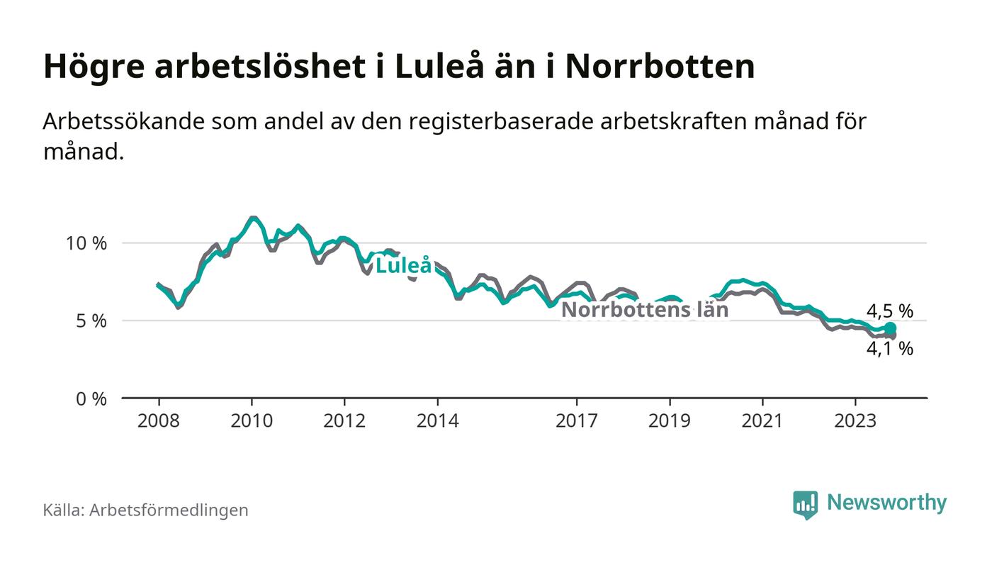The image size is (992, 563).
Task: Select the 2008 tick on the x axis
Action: (x=159, y=420)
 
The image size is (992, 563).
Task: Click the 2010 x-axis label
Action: (x=252, y=420)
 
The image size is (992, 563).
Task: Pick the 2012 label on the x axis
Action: (x=344, y=420)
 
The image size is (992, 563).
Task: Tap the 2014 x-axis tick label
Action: (x=437, y=420)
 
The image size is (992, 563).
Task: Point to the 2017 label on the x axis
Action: (x=577, y=420)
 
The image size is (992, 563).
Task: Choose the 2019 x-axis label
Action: (x=670, y=420)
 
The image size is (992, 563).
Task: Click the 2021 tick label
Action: (x=762, y=420)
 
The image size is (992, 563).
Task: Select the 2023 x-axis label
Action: (x=855, y=420)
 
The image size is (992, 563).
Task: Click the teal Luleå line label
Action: (x=403, y=266)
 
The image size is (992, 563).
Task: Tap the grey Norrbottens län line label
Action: (x=645, y=310)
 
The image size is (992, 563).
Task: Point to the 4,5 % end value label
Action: (x=889, y=311)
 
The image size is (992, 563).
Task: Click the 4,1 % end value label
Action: (x=889, y=348)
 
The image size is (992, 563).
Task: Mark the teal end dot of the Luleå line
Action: (x=890, y=328)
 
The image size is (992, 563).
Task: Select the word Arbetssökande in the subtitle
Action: (x=123, y=121)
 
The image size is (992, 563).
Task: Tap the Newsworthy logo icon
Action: (x=805, y=504)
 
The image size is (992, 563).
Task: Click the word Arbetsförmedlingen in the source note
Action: (x=169, y=510)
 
